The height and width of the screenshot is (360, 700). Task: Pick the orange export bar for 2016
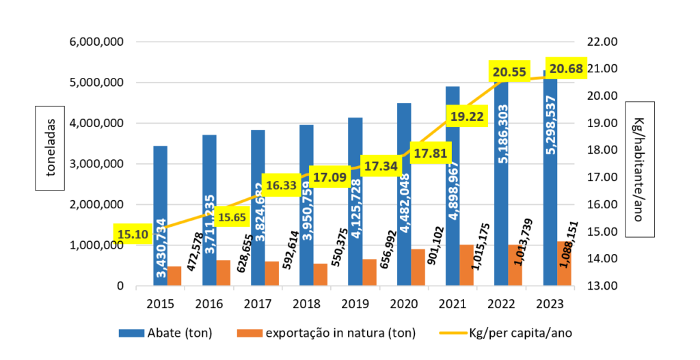[x=223, y=273]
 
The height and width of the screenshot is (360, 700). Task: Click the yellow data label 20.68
[x=566, y=69]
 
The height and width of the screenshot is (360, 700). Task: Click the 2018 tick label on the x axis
[x=306, y=303]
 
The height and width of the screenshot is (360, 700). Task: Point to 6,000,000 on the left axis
[x=96, y=42]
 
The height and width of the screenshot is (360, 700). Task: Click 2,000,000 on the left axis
[x=96, y=204]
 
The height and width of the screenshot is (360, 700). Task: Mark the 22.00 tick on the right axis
[x=602, y=42]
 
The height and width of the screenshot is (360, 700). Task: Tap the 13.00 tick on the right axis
[x=602, y=286]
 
